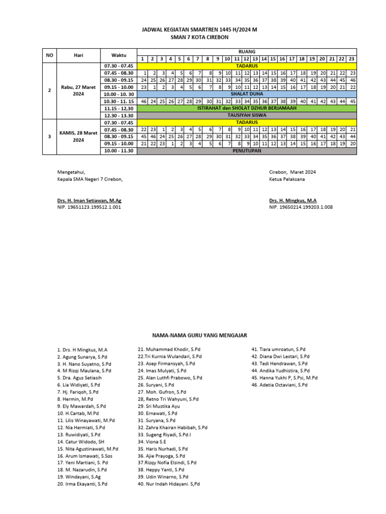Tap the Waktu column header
119,55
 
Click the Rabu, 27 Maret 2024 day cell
78,90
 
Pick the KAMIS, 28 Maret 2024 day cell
78,137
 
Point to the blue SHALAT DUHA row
247,94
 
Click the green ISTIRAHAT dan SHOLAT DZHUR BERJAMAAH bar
247,108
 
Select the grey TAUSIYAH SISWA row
247,115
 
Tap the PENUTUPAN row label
247,151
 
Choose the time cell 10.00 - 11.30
119,151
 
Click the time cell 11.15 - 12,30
119,108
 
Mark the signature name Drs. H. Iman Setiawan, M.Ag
89,200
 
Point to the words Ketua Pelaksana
286,179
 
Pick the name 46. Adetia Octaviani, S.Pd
279,384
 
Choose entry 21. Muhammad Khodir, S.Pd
169,349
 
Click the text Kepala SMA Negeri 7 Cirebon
89,179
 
